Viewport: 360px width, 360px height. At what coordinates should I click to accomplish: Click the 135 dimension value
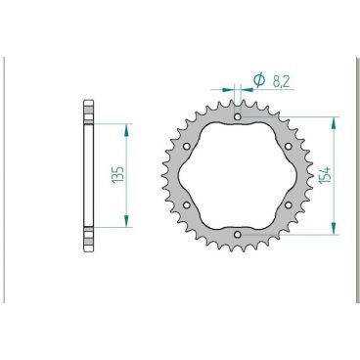(116, 176)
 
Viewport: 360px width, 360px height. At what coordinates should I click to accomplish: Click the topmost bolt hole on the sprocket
(239, 118)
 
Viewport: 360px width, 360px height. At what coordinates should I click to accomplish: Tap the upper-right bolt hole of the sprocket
(289, 148)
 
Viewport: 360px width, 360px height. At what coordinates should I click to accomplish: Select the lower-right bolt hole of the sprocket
(289, 205)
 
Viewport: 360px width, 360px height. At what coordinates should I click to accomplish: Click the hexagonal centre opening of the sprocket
(239, 176)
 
